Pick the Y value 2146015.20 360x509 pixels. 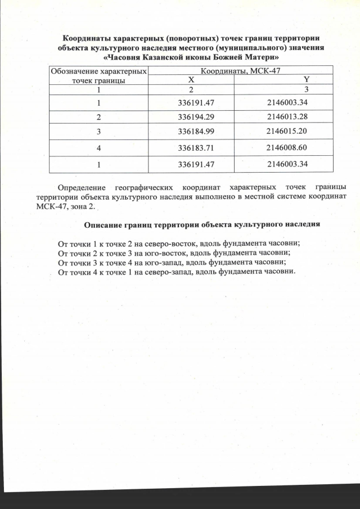point(289,132)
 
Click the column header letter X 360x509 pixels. point(192,80)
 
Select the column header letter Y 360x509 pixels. point(307,80)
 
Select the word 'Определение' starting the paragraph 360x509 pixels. point(84,187)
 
